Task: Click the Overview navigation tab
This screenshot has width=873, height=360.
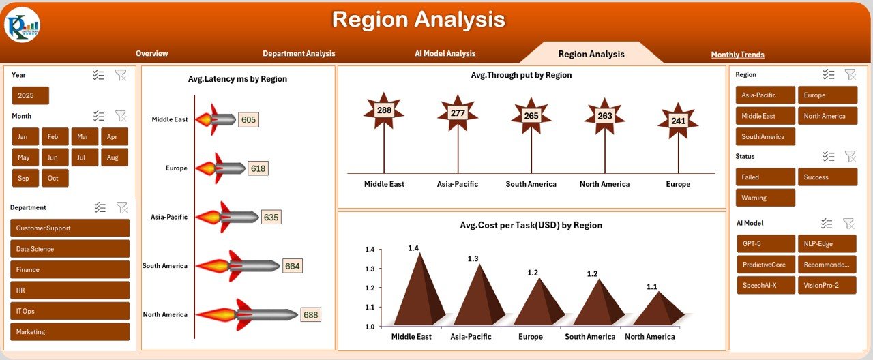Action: [151, 54]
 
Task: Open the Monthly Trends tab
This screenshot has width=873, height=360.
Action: [737, 55]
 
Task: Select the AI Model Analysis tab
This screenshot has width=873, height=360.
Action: [445, 54]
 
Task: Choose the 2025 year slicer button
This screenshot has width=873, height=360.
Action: [30, 95]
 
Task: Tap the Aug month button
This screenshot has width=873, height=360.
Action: [114, 157]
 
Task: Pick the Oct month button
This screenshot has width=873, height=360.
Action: [55, 179]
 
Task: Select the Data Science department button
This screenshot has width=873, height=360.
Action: [70, 249]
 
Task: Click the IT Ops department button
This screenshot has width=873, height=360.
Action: [70, 311]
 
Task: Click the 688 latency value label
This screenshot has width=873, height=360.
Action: [310, 314]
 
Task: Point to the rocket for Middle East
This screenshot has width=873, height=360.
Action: [215, 120]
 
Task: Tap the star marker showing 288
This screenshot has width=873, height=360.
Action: [384, 110]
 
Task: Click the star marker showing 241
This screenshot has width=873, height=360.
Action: [678, 121]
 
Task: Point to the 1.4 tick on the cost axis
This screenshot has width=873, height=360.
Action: [370, 250]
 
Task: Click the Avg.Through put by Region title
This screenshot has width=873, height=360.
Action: [521, 75]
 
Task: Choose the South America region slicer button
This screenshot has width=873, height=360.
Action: [765, 136]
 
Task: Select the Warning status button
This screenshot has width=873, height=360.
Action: [765, 198]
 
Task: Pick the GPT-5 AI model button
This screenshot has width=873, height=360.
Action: [765, 243]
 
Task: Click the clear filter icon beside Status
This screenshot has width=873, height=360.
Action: [850, 156]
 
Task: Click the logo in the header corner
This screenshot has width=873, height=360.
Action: [22, 25]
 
